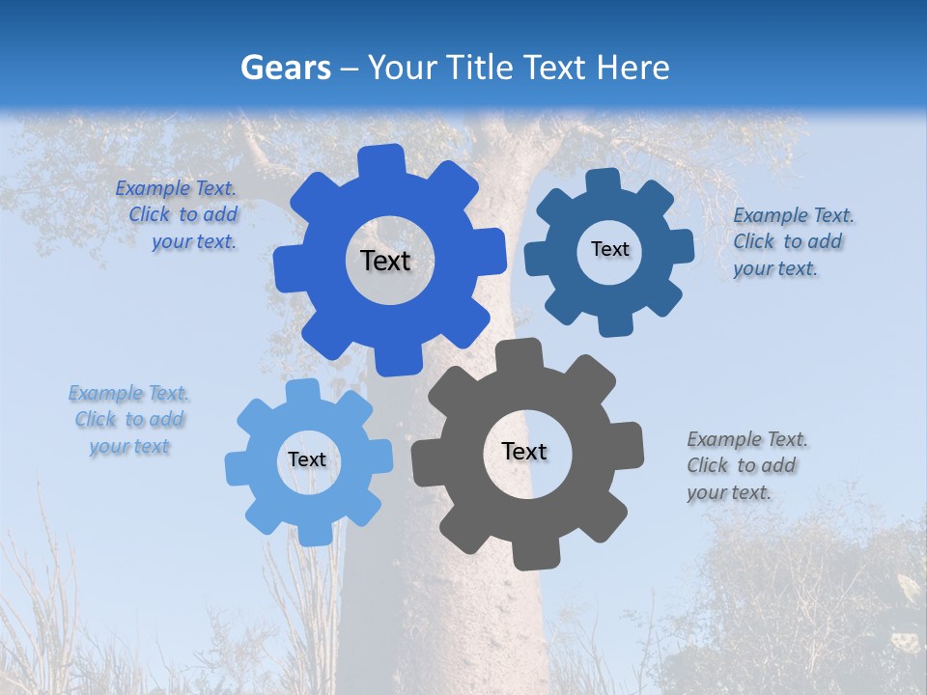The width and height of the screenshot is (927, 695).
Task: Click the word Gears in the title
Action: point(285,68)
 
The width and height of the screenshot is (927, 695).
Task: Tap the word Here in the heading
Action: point(632,68)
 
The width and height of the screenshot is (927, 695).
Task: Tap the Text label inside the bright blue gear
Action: point(385,261)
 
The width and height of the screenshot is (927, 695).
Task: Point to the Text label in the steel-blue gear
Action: point(609,249)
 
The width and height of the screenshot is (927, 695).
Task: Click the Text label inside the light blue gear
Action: point(307,459)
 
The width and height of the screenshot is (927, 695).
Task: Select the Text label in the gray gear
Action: point(524,451)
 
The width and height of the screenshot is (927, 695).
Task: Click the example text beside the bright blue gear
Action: point(180,215)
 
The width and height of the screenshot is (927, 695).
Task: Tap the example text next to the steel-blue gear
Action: point(792,241)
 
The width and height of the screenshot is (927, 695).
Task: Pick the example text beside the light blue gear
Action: point(128,420)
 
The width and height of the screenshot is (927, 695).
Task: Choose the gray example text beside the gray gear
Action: point(745,465)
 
